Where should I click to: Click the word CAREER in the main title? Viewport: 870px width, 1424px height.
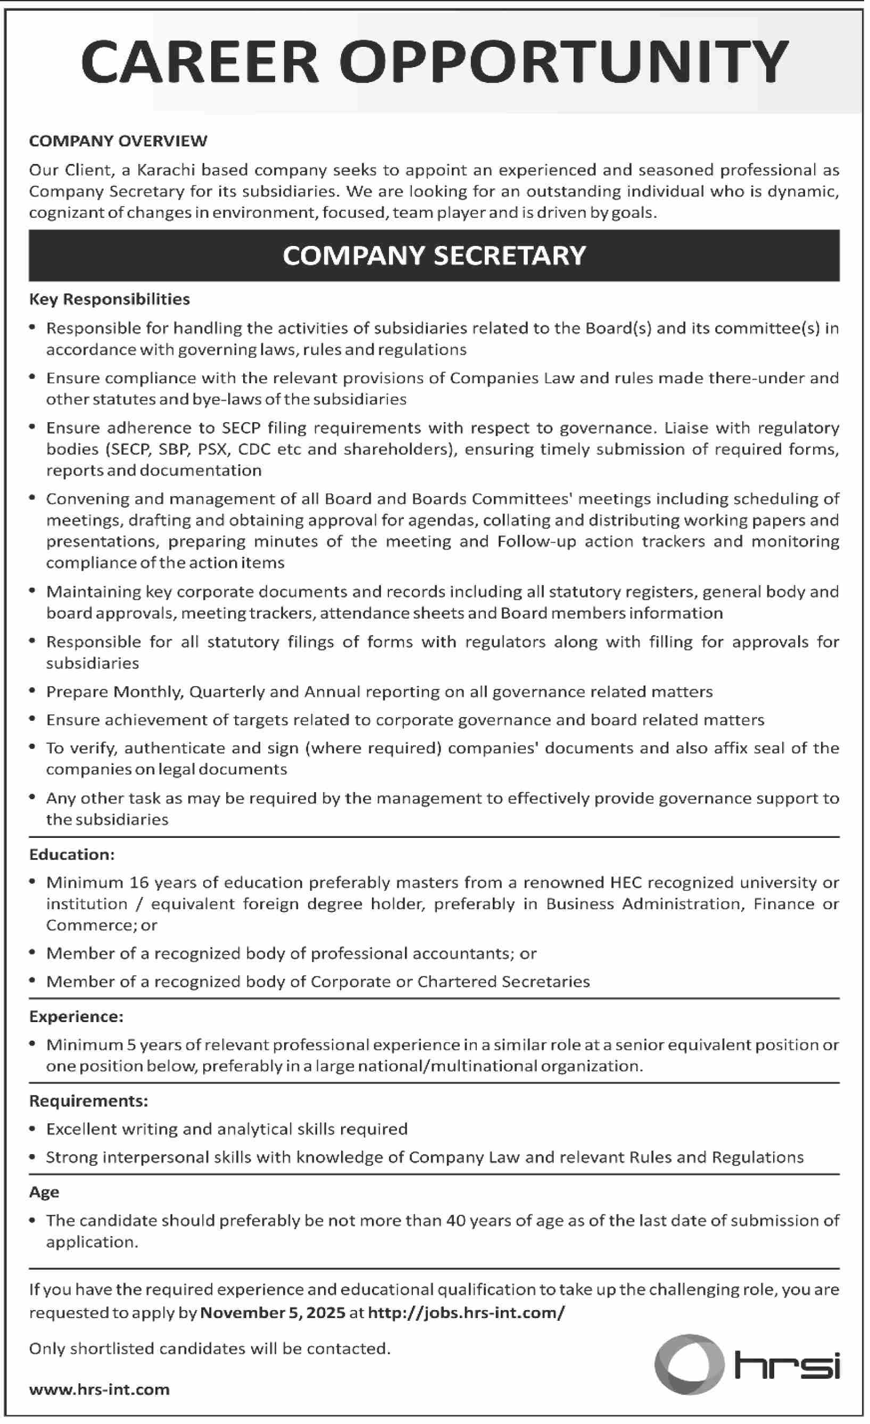point(200,62)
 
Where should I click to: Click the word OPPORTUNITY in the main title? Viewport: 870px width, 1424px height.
point(564,62)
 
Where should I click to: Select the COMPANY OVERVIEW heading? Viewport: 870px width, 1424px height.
point(119,141)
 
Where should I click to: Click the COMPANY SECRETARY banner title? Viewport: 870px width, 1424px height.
point(434,256)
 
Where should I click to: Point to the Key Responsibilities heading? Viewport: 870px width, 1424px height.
point(110,299)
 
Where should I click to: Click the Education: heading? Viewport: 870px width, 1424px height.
point(72,855)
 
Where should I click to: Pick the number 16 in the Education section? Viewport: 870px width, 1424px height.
point(139,883)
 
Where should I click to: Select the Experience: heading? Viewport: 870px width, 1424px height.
point(76,1017)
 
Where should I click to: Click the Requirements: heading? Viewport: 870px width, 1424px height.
point(89,1101)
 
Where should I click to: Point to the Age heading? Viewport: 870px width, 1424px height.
point(45,1192)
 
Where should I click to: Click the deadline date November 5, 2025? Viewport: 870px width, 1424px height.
point(272,1313)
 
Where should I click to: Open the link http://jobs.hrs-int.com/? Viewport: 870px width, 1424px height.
point(466,1313)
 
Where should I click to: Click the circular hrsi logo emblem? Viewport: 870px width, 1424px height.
point(689,1364)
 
